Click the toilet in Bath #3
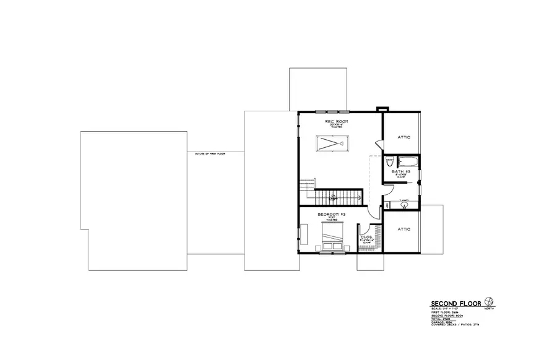click(x=389, y=163)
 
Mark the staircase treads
click(x=339, y=198)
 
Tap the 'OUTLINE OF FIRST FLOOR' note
click(x=210, y=153)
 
